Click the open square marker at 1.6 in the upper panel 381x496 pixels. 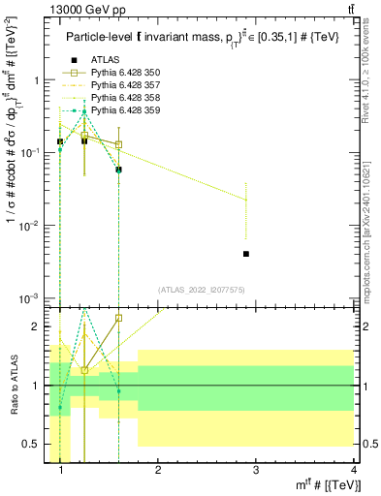click(x=118, y=144)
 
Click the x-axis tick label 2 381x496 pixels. click(x=158, y=470)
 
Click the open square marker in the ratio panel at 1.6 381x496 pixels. click(x=118, y=318)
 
